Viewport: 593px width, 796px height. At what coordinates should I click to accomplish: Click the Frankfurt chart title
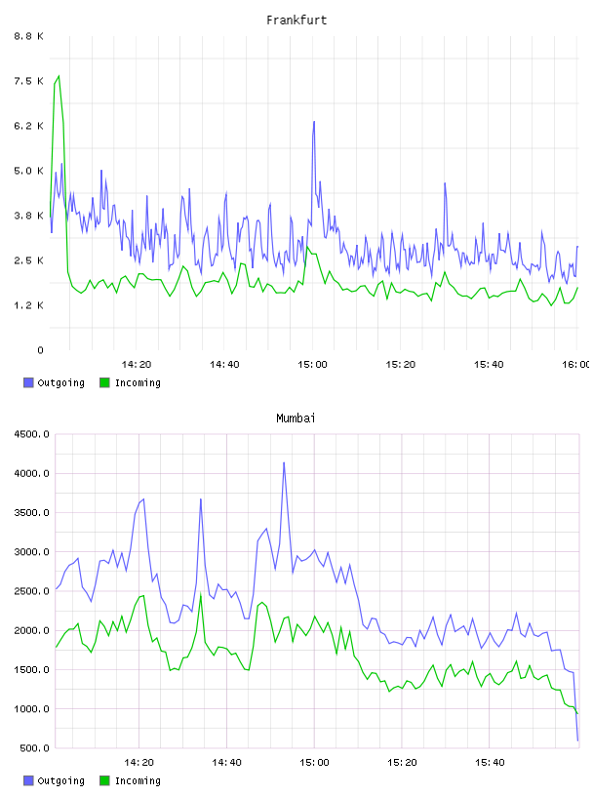pyautogui.click(x=296, y=20)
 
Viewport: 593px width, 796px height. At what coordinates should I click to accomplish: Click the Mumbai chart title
pyautogui.click(x=296, y=418)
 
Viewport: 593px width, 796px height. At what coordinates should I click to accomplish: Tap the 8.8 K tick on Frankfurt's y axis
pyautogui.click(x=29, y=36)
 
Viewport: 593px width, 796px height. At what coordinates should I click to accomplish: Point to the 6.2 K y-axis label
pyautogui.click(x=29, y=126)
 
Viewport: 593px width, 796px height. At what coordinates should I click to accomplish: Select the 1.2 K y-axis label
pyautogui.click(x=29, y=305)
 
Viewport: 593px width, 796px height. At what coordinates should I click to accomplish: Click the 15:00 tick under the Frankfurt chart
pyautogui.click(x=312, y=365)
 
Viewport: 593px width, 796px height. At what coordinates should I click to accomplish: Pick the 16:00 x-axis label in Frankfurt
pyautogui.click(x=576, y=365)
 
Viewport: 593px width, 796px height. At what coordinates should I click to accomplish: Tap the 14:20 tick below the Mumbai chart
pyautogui.click(x=138, y=763)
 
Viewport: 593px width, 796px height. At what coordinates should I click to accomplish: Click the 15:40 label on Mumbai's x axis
pyautogui.click(x=490, y=763)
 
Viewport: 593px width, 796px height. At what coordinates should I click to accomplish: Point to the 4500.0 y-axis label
pyautogui.click(x=31, y=434)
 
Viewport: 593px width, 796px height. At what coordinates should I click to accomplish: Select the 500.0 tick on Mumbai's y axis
pyautogui.click(x=34, y=748)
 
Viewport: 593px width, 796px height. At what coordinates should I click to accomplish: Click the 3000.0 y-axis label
pyautogui.click(x=31, y=552)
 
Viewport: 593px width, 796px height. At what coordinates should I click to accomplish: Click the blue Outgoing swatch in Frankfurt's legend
pyautogui.click(x=28, y=382)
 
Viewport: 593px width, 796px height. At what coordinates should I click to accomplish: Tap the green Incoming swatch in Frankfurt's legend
pyautogui.click(x=104, y=382)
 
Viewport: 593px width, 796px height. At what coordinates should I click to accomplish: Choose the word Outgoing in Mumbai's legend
pyautogui.click(x=60, y=780)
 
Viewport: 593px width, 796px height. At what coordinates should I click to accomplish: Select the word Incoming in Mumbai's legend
pyautogui.click(x=138, y=780)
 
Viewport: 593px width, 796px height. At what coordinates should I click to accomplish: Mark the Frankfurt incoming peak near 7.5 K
pyautogui.click(x=59, y=76)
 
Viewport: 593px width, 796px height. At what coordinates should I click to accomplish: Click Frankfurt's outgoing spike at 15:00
pyautogui.click(x=314, y=122)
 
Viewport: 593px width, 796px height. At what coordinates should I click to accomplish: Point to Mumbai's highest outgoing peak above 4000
pyautogui.click(x=284, y=462)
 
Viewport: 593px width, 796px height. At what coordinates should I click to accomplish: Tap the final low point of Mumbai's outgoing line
pyautogui.click(x=577, y=740)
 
